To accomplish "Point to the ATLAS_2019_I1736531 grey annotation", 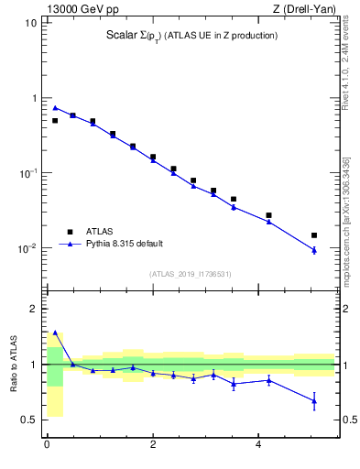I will [x=191, y=274].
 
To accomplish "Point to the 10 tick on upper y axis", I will [x=31, y=23].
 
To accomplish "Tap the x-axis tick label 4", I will [x=258, y=446].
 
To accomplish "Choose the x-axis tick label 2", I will [x=152, y=446].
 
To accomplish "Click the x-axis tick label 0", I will [x=47, y=446].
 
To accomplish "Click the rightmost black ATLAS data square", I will [x=314, y=235].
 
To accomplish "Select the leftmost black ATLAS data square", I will [x=55, y=120].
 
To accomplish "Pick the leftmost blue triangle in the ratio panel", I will [x=55, y=333].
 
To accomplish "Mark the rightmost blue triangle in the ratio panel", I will [x=314, y=400].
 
